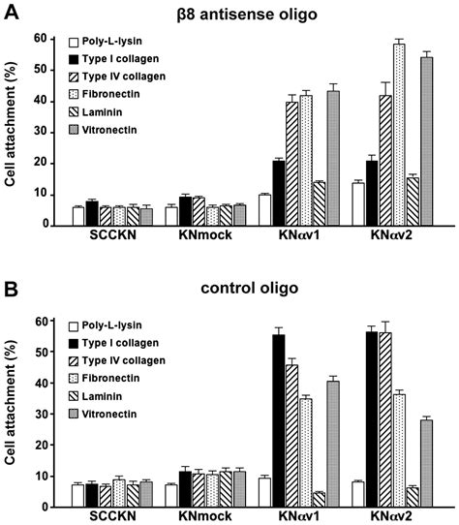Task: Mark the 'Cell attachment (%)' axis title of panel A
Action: tap(15, 131)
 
